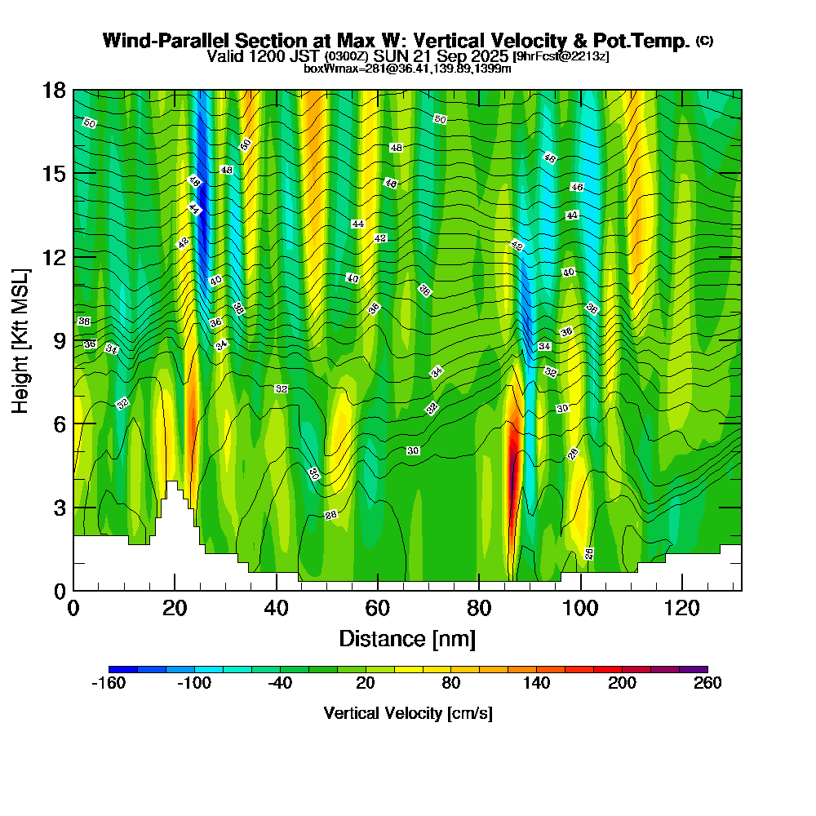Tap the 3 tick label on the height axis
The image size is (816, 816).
click(x=59, y=508)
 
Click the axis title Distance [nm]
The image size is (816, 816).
click(x=407, y=637)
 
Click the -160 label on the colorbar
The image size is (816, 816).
click(x=109, y=684)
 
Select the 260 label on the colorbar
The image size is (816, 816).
click(x=707, y=684)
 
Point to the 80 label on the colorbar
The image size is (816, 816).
click(x=450, y=684)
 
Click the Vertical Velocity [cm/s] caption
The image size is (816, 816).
click(x=408, y=713)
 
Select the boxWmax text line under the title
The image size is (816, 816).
click(x=407, y=69)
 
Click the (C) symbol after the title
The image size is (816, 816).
click(x=704, y=41)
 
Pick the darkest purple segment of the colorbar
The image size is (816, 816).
click(x=693, y=669)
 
